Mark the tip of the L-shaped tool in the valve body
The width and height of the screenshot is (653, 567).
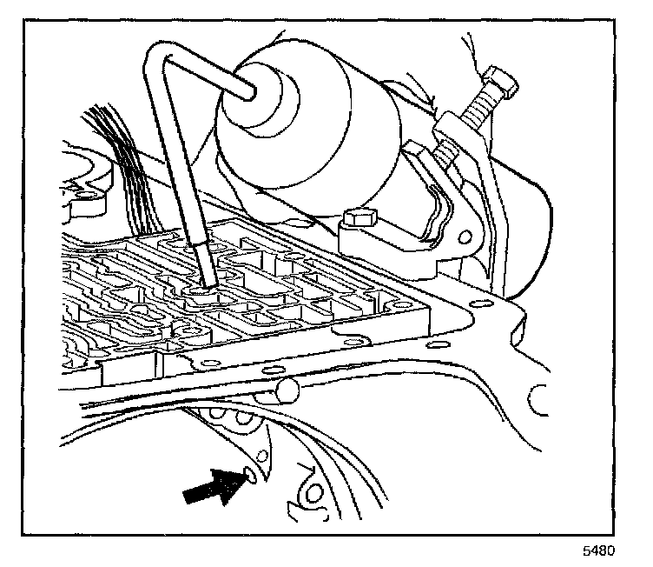[x=209, y=280]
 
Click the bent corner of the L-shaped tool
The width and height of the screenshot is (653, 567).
[x=154, y=54]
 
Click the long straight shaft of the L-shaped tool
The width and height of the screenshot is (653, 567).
[x=178, y=165]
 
